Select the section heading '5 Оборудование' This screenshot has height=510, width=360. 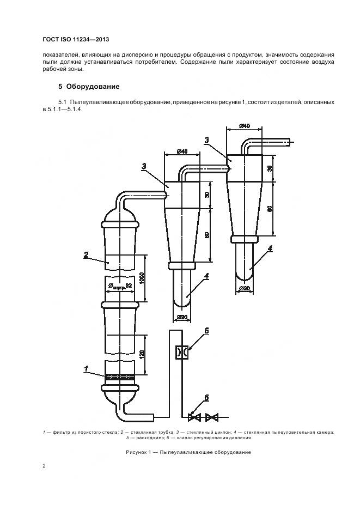coord(89,87)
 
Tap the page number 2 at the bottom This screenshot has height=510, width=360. coord(44,466)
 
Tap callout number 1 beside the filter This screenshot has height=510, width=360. coord(86,369)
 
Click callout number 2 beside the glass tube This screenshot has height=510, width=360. coord(86,254)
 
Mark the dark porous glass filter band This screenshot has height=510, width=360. coord(119,376)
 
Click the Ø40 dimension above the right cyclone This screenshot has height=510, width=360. coord(244,126)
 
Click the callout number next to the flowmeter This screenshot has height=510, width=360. coord(207,331)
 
